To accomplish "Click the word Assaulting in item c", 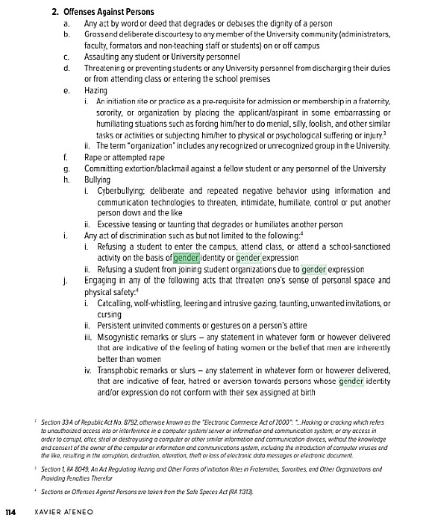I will click(x=103, y=56).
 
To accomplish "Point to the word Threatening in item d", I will click(x=106, y=67).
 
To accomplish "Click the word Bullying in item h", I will click(x=97, y=180).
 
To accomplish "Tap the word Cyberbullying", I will click(x=122, y=191).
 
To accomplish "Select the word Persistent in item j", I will click(x=114, y=325).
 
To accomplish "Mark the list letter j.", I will click(x=66, y=280).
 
